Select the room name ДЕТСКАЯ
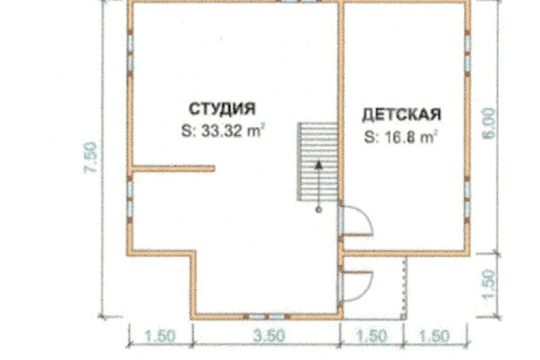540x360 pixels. click(x=401, y=115)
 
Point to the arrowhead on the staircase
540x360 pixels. click(x=319, y=165)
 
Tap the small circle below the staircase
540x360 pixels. click(x=319, y=211)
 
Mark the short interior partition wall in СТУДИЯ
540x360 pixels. click(x=174, y=170)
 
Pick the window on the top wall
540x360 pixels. click(x=292, y=2)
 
